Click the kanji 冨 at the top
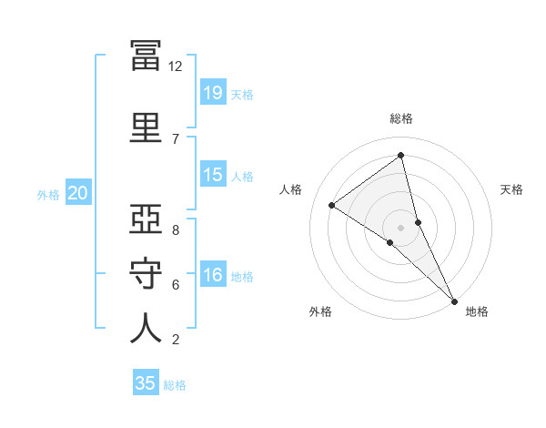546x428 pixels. click(146, 56)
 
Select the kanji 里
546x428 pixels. click(146, 127)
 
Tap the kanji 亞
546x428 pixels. click(146, 219)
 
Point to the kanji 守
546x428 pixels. click(146, 273)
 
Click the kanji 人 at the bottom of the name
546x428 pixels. click(146, 328)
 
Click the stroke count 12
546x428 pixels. click(175, 66)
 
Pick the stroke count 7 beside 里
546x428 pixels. click(176, 139)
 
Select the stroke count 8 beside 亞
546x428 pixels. click(176, 230)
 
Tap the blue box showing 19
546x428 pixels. click(213, 92)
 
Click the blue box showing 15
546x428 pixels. click(213, 174)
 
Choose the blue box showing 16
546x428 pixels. click(213, 273)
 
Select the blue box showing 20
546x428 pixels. click(78, 192)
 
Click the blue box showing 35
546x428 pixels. click(146, 382)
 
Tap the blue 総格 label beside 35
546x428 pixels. click(175, 385)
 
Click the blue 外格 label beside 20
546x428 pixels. click(48, 195)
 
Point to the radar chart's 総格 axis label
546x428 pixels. click(401, 118)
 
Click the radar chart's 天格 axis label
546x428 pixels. click(511, 189)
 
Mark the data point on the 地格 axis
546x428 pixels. click(454, 301)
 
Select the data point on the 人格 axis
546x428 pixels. click(332, 205)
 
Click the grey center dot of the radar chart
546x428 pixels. click(400, 228)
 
